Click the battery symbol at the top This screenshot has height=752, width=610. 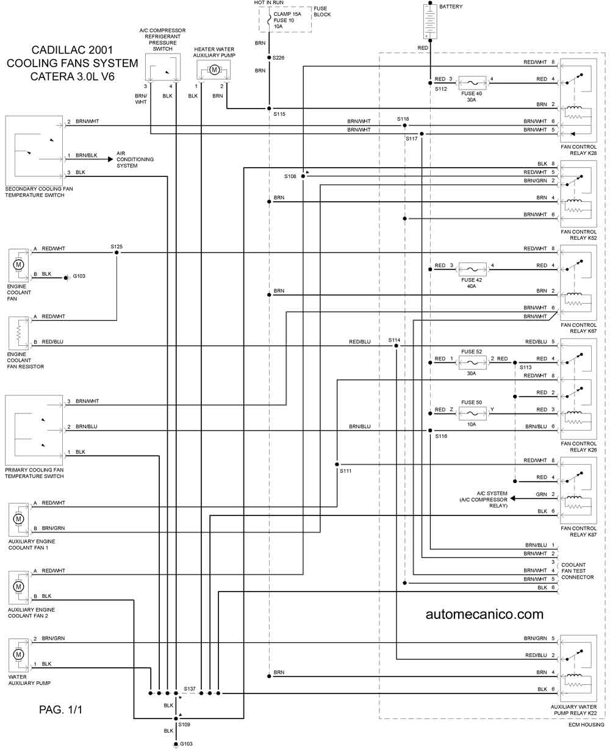tap(430, 21)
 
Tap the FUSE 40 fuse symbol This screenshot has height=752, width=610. tap(472, 83)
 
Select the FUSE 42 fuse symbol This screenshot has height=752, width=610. tap(472, 270)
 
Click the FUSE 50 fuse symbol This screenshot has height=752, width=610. tap(472, 414)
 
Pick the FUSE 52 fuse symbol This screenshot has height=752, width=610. tap(472, 363)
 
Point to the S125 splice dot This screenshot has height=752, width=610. tap(117, 252)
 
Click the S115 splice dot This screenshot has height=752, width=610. tap(269, 109)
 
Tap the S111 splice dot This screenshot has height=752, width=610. tap(337, 464)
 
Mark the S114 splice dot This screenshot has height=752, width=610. tap(396, 346)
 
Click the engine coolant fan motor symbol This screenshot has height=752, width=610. tap(19, 265)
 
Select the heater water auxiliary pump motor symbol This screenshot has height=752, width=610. tap(214, 70)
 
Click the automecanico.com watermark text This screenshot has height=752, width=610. tap(484, 614)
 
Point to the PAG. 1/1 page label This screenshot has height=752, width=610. tap(60, 710)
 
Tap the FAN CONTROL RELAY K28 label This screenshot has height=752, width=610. tap(578, 149)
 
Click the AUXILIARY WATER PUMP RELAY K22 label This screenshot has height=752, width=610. tap(573, 710)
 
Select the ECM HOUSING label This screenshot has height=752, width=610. tap(586, 725)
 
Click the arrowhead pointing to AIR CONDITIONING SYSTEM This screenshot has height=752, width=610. tap(110, 159)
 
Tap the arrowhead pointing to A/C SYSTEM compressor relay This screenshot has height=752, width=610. tap(512, 498)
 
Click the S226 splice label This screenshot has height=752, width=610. tap(278, 57)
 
